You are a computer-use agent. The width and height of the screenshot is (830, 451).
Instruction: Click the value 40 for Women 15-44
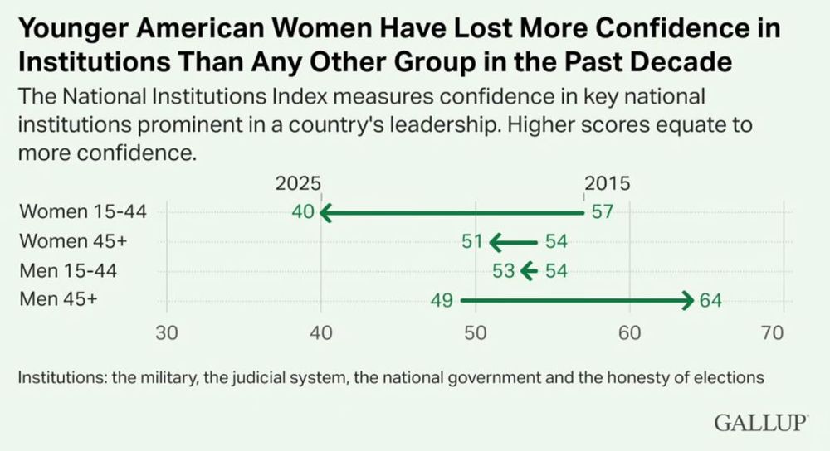pos(303,212)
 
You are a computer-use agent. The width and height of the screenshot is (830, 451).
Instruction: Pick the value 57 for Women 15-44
pos(602,212)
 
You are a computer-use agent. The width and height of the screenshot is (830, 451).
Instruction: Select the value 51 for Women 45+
pos(471,242)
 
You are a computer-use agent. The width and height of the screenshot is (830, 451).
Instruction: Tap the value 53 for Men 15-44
pos(504,271)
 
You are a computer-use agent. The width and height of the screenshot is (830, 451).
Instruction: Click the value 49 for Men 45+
pos(441,301)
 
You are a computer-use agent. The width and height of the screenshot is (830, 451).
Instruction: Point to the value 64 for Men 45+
pos(711,301)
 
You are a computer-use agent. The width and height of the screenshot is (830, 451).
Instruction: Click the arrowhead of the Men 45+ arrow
pos(687,301)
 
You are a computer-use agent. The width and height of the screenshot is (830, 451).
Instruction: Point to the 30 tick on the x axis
pos(168,333)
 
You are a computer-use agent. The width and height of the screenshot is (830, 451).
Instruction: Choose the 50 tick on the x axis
pos(475,333)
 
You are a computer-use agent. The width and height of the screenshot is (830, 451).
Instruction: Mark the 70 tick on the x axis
pos(772,333)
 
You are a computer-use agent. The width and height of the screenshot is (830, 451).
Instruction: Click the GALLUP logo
pos(761,423)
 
